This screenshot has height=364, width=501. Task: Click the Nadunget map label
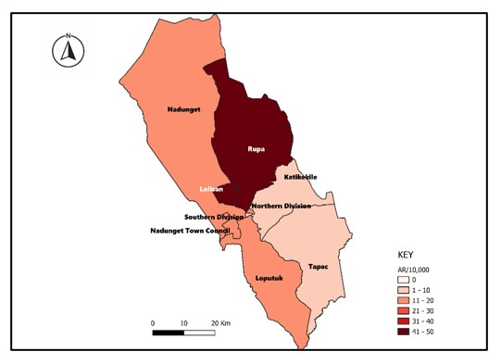point(183,109)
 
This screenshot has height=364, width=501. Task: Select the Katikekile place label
point(300,177)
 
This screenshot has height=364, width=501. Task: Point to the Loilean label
point(211,189)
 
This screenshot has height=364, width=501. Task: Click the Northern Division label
point(282,206)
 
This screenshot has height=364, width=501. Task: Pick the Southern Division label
point(213,217)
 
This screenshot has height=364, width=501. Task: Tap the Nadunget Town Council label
point(189,230)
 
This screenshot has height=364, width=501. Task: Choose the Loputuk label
point(268,277)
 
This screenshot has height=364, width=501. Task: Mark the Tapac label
point(318,266)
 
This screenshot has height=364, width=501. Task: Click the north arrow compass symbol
point(68,51)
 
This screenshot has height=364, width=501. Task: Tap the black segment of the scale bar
point(168,333)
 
